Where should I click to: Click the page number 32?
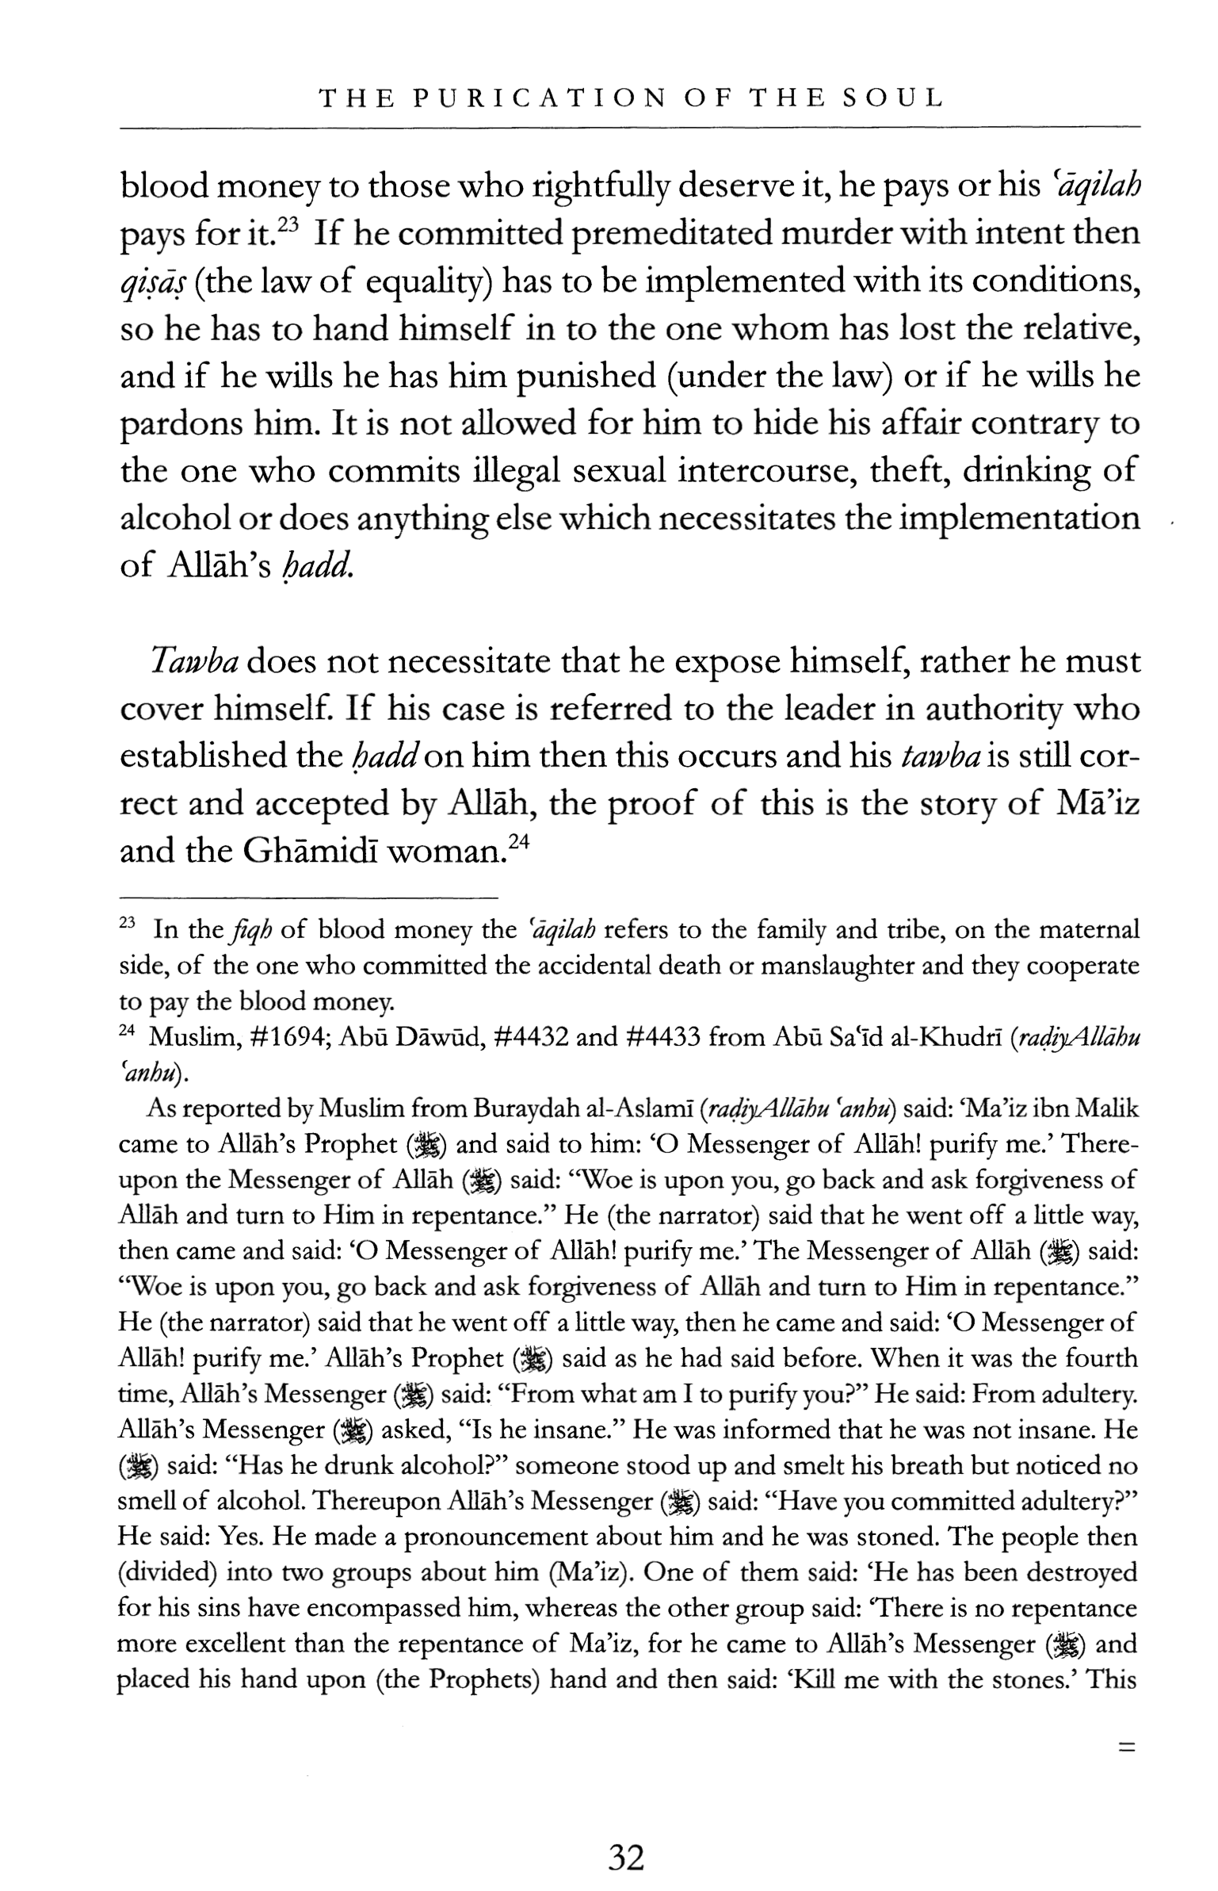(x=625, y=1858)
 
